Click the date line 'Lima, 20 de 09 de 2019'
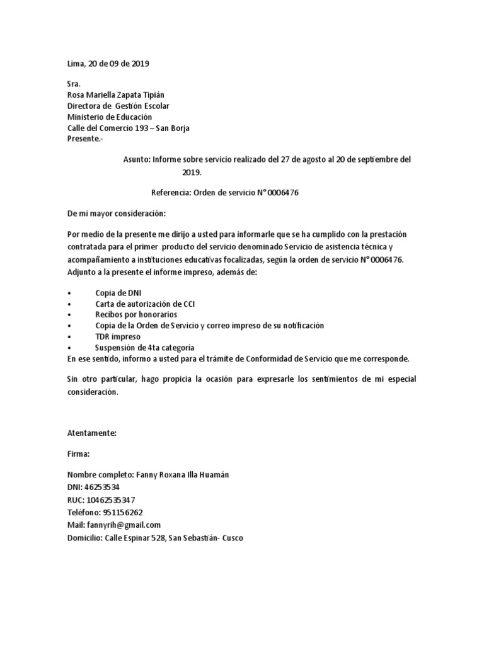(108, 64)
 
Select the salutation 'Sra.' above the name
(74, 84)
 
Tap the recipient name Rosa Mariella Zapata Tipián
(120, 95)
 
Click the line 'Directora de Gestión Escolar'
(118, 106)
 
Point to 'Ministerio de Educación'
(109, 117)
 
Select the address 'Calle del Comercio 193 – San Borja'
(128, 128)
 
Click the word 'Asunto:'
(136, 160)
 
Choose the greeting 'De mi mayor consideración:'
(117, 214)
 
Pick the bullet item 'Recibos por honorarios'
(136, 314)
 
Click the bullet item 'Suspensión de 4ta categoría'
(144, 348)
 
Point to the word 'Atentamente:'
(91, 433)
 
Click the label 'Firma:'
(79, 454)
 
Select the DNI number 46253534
(102, 487)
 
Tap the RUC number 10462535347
(110, 500)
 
